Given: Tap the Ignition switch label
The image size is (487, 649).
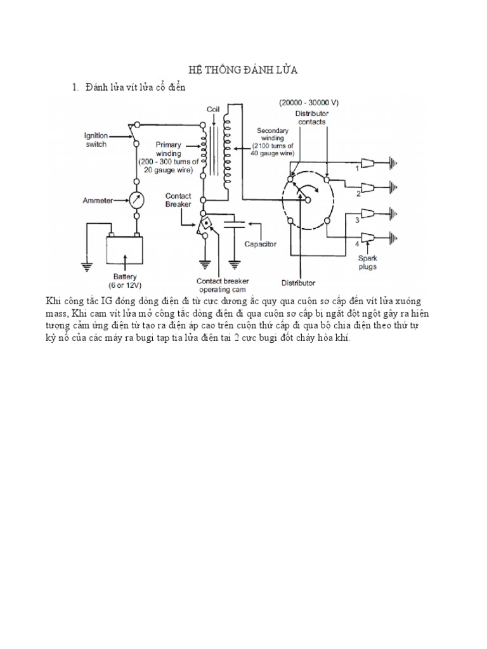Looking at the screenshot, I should [96, 139].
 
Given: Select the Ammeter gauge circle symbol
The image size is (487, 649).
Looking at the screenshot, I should [134, 201].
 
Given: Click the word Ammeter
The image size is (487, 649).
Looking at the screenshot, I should [98, 201].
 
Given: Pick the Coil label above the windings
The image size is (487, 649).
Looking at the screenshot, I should [212, 109].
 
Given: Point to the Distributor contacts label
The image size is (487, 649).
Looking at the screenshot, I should [310, 117].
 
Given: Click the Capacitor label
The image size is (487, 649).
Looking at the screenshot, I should [260, 243].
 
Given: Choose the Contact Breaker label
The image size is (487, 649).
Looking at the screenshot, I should [178, 200].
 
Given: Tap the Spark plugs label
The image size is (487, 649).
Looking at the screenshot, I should [367, 262].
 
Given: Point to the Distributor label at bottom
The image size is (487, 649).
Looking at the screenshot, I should [298, 282].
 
